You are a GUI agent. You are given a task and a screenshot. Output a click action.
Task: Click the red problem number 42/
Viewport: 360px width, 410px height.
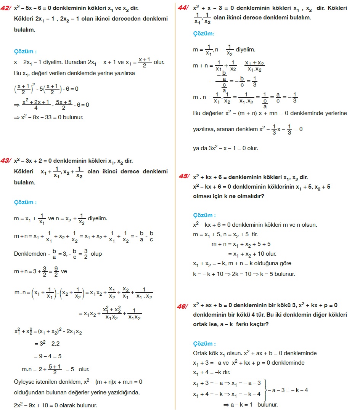pos(6,8)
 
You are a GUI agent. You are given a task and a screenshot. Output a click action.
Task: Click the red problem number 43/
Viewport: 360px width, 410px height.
pos(6,161)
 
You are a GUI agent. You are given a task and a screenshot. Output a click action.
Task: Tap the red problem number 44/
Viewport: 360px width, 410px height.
pos(185,8)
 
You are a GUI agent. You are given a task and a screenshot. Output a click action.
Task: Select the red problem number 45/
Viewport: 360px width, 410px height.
pos(185,176)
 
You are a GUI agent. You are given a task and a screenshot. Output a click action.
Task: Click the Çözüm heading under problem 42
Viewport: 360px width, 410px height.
pos(26,51)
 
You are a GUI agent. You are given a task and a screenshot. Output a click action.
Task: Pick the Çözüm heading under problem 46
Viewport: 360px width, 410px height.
pos(204,343)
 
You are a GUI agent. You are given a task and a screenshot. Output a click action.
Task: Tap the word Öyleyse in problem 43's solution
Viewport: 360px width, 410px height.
pos(24,382)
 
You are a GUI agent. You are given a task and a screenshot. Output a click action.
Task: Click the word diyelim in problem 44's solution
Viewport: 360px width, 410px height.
pos(246,50)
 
